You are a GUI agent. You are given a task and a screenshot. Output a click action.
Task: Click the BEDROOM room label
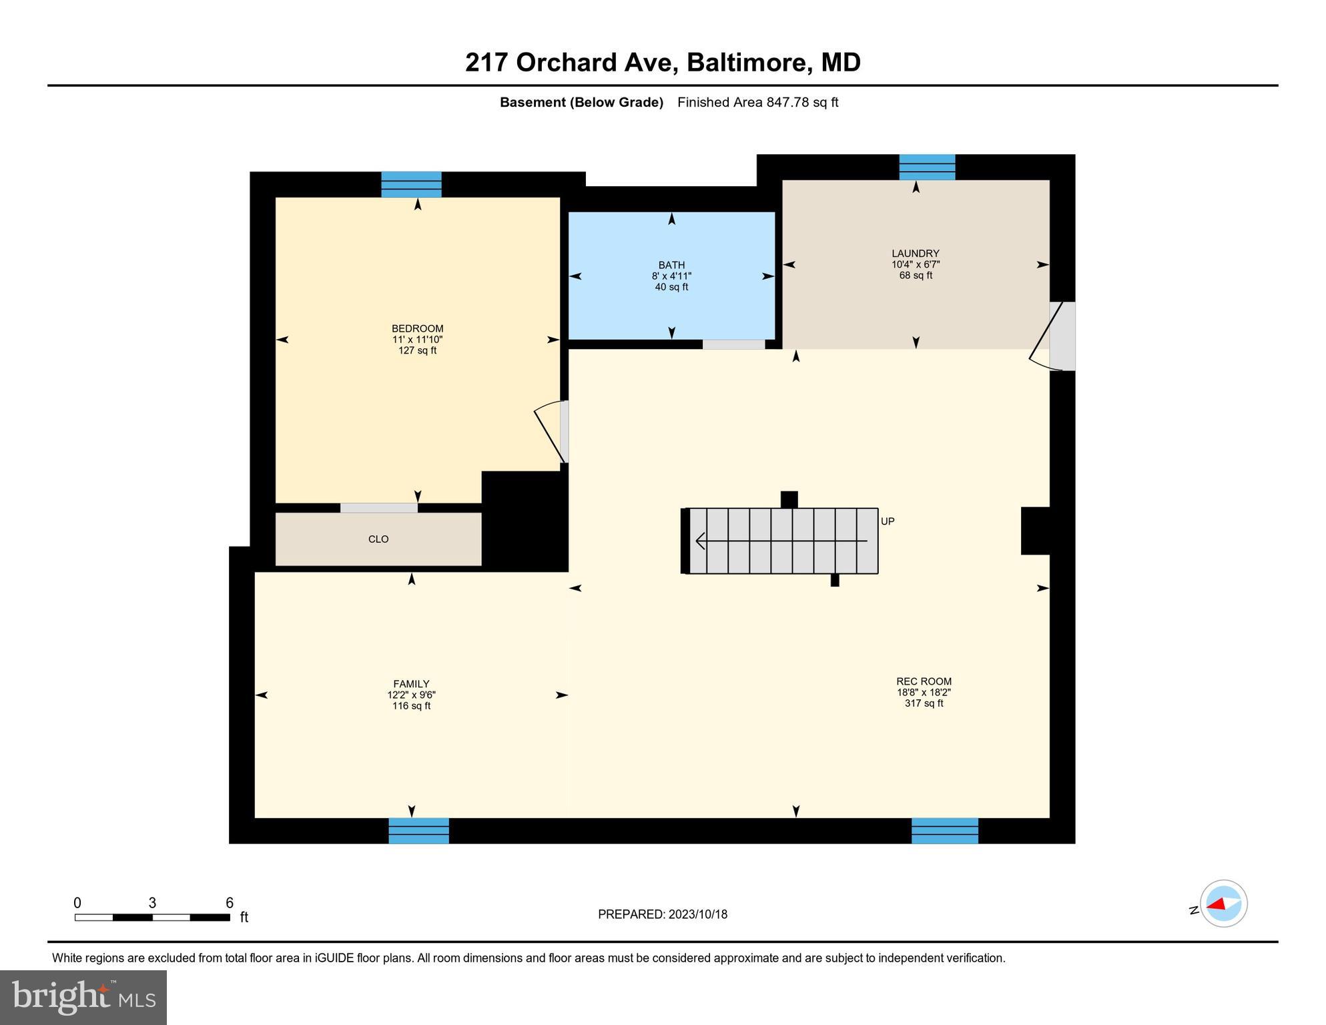(417, 329)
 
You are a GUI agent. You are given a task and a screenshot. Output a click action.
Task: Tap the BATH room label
(671, 266)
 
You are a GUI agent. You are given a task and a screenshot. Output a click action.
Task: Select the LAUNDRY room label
(915, 254)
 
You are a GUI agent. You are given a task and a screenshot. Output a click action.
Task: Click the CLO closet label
(378, 539)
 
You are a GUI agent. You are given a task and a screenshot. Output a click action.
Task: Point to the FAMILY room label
(411, 684)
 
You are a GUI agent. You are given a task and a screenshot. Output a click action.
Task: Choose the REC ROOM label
(924, 681)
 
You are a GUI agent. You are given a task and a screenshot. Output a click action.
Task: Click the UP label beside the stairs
(888, 522)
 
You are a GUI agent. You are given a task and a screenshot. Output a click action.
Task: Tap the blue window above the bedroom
(411, 185)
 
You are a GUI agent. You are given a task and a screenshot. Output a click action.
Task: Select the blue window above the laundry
(927, 167)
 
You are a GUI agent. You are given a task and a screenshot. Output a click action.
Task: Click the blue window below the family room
(418, 831)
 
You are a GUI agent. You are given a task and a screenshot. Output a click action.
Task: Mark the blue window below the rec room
(944, 831)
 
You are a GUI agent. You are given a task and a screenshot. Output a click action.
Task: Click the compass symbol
(1223, 904)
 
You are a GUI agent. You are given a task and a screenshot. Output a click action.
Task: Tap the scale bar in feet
(152, 918)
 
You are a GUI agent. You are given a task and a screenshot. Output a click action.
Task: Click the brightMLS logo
(83, 998)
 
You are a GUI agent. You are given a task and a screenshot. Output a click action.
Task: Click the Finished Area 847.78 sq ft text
(757, 103)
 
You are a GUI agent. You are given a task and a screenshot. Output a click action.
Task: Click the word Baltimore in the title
(749, 63)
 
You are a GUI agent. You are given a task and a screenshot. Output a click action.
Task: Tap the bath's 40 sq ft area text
(671, 288)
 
